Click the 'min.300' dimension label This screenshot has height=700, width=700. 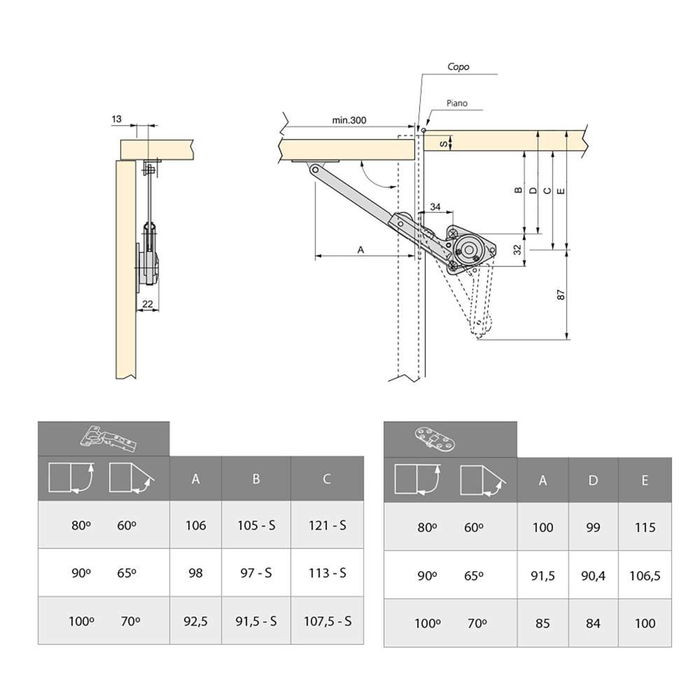tap(350, 120)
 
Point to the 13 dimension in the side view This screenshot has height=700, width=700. tap(119, 119)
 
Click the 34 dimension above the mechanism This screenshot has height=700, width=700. tap(434, 207)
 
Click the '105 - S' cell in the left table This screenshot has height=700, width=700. tap(256, 526)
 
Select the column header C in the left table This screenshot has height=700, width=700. tap(327, 479)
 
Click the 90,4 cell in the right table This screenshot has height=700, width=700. tap(594, 575)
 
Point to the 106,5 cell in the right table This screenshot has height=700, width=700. tap(644, 575)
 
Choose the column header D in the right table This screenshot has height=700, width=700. tap(594, 480)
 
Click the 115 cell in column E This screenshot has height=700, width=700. tap(644, 526)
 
